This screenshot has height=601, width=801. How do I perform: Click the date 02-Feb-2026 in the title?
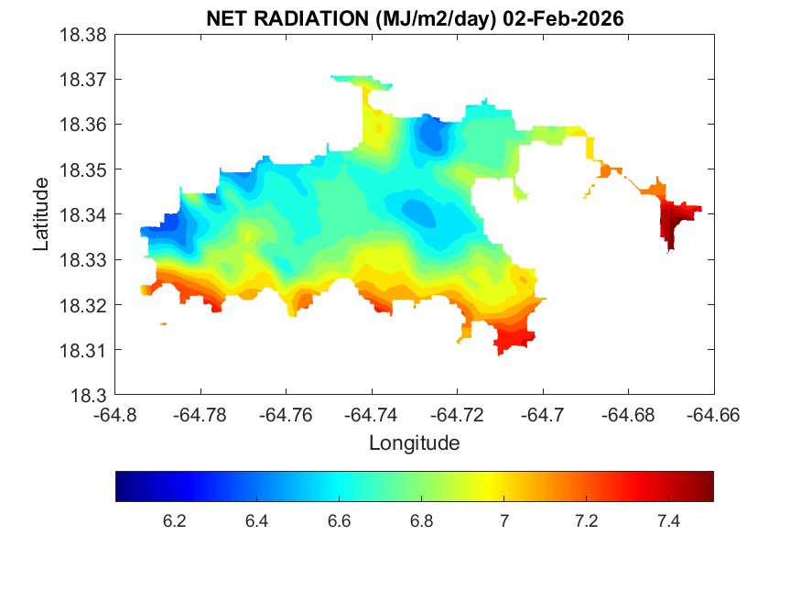(x=568, y=19)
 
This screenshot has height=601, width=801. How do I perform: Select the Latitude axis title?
(x=41, y=214)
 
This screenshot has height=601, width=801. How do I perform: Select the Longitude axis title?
(x=414, y=443)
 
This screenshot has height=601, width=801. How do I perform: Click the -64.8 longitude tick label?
(x=116, y=414)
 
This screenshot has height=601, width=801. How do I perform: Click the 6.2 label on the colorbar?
(x=174, y=521)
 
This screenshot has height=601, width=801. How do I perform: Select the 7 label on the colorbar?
(x=503, y=521)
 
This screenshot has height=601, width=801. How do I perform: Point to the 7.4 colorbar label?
(x=668, y=521)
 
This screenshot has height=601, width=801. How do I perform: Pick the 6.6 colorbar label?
(x=339, y=521)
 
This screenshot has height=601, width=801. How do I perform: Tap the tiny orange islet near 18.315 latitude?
(x=163, y=323)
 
